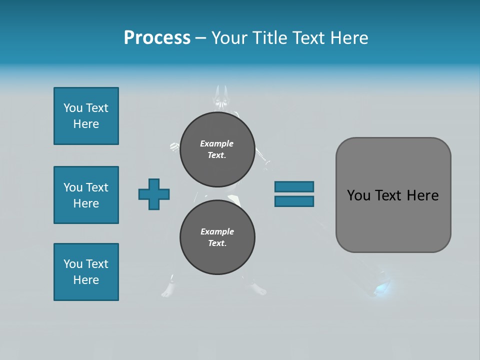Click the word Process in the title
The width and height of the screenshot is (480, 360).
[157, 38]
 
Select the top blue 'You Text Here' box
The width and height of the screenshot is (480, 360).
[86, 116]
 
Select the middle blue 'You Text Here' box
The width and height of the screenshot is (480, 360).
[86, 195]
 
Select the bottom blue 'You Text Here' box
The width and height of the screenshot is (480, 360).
[86, 272]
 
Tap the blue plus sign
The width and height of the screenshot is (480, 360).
[153, 194]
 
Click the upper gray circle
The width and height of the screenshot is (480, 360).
[217, 149]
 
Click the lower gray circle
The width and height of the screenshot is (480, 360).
[217, 237]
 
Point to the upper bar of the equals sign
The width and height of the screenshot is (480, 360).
[294, 187]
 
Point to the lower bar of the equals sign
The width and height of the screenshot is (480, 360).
[294, 201]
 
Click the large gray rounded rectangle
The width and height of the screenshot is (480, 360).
[393, 220]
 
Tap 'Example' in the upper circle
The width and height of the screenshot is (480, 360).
[216, 143]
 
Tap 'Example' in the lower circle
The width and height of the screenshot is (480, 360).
[217, 231]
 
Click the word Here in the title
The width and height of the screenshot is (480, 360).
[349, 38]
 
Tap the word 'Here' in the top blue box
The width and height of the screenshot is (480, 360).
[86, 124]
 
